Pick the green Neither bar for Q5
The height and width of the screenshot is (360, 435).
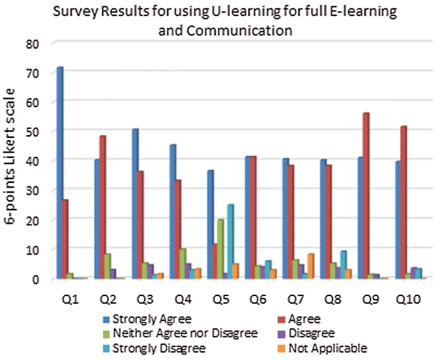click(221, 249)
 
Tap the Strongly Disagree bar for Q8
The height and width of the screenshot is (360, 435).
click(343, 264)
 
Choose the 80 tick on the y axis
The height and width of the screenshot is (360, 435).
click(32, 44)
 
